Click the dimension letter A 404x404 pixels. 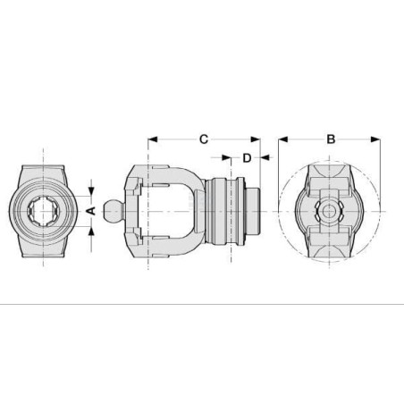90,211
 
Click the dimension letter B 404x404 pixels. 331,139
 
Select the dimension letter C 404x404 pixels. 204,139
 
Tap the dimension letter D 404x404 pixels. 247,158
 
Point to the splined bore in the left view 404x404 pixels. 44,211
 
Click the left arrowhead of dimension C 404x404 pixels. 153,139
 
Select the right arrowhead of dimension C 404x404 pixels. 256,139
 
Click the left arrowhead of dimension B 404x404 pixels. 283,139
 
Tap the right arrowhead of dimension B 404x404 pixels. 375,139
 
